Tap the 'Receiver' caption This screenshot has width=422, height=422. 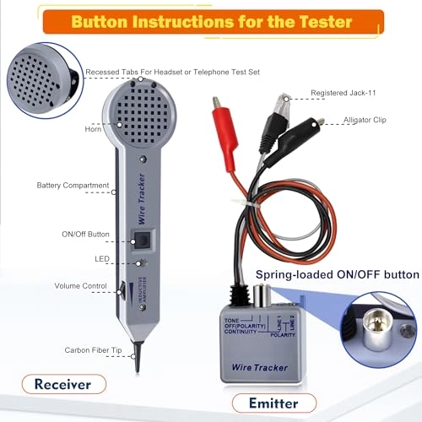(63, 384)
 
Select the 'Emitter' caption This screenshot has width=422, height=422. (273, 403)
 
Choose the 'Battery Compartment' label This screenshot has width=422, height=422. (73, 185)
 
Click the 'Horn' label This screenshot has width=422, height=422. (93, 129)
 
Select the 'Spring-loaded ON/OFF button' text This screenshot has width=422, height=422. (338, 274)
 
